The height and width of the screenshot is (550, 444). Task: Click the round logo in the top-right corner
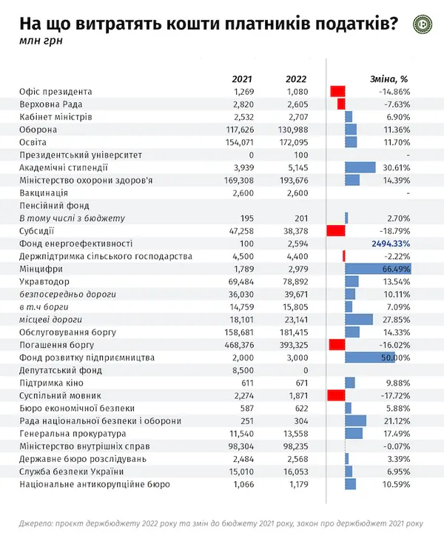[423, 25]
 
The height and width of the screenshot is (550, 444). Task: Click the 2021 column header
[242, 79]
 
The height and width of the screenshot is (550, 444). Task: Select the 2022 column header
[296, 79]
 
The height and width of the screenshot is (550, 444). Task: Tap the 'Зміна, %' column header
[389, 79]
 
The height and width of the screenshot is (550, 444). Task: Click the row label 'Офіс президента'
[55, 92]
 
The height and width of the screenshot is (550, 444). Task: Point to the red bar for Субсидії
[336, 231]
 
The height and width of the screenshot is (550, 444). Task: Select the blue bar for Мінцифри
[378, 269]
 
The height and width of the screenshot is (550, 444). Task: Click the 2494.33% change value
[391, 244]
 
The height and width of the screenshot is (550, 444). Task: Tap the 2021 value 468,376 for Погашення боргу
[239, 345]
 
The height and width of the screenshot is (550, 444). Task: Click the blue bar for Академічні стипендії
[360, 168]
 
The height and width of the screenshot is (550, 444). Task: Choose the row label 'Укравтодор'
[44, 282]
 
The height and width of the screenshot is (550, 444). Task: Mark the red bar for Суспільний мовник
[336, 396]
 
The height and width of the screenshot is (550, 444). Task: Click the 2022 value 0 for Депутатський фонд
[306, 370]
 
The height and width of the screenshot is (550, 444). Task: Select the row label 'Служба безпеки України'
[72, 472]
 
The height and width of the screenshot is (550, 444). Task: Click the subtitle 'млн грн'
[41, 41]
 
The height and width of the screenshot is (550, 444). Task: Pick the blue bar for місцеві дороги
[359, 320]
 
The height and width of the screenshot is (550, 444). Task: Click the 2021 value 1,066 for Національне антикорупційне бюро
[243, 484]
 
